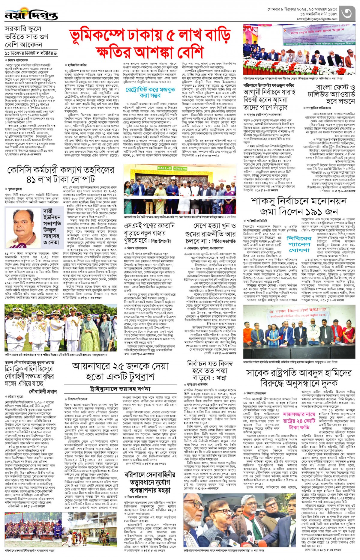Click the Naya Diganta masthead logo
click(x=31, y=14)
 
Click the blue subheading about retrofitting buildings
click(x=150, y=92)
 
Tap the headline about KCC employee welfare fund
click(x=61, y=175)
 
